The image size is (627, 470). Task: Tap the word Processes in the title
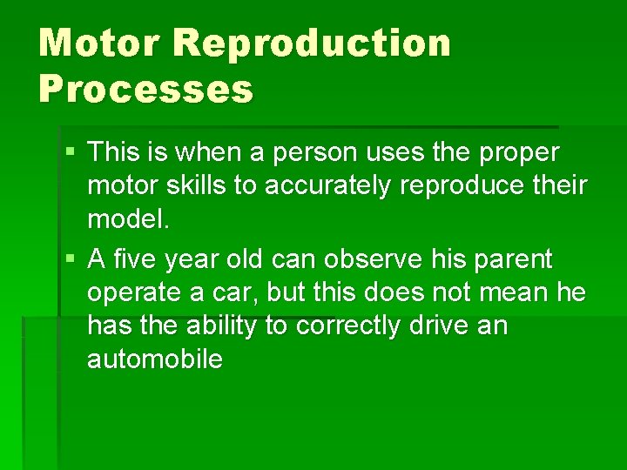(x=145, y=88)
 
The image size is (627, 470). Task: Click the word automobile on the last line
(x=155, y=359)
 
